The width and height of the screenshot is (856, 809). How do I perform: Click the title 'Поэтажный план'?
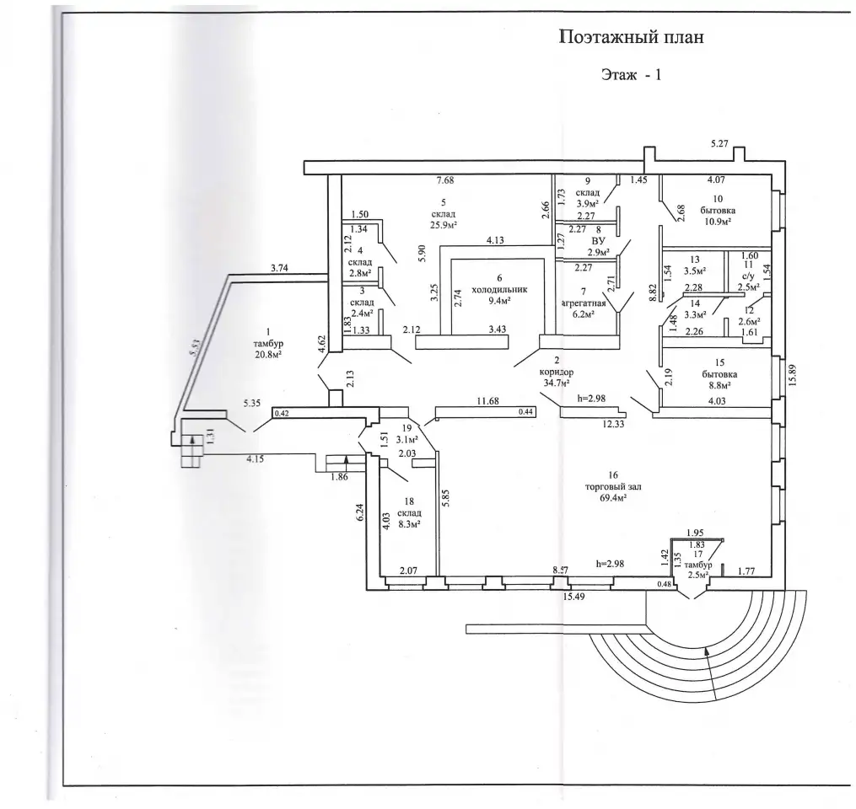click(632, 37)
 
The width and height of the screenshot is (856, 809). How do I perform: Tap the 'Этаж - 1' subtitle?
click(631, 75)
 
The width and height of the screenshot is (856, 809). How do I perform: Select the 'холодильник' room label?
click(499, 290)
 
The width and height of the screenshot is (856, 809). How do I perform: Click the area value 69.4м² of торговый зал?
click(609, 498)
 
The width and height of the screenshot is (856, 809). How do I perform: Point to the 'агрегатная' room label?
click(584, 304)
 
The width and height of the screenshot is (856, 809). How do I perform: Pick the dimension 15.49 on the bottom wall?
click(573, 597)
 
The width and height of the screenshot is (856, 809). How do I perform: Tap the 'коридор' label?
click(557, 372)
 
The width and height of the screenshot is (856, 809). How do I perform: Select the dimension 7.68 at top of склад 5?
click(445, 180)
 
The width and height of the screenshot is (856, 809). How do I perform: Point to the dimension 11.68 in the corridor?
click(487, 401)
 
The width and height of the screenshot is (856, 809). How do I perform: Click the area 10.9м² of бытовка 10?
click(718, 222)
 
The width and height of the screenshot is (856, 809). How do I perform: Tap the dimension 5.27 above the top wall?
click(719, 145)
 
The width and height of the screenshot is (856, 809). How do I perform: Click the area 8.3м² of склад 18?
click(409, 525)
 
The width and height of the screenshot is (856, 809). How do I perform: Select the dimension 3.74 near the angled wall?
click(279, 268)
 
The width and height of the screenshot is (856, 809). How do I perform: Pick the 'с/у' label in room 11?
click(748, 276)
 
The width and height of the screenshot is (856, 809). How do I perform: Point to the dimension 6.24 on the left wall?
click(360, 513)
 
